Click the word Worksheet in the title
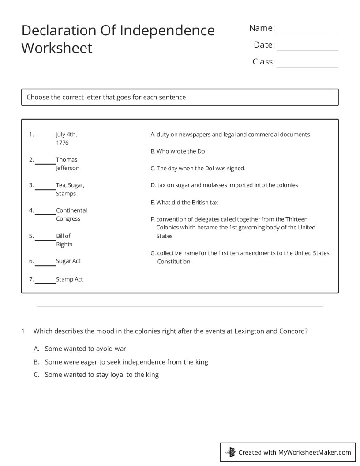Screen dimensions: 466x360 (x=57, y=48)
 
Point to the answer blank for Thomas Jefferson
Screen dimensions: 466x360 (x=45, y=163)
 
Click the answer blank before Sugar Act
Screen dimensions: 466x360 (x=45, y=264)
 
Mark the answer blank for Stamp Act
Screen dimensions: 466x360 (x=45, y=282)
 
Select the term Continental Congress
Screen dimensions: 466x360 (x=71, y=214)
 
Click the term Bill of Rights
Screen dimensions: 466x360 (x=64, y=240)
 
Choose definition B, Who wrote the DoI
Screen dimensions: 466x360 (x=179, y=151)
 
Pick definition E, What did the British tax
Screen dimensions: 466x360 (x=184, y=203)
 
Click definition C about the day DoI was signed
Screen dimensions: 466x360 (x=198, y=168)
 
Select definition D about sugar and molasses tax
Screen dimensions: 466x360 (x=224, y=185)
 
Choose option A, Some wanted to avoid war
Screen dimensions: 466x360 (x=85, y=349)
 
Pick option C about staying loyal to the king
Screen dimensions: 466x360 (x=101, y=375)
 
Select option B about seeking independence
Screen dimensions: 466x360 (x=126, y=362)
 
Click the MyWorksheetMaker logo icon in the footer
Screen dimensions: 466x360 (x=230, y=452)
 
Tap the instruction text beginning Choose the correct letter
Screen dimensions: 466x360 (x=106, y=97)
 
